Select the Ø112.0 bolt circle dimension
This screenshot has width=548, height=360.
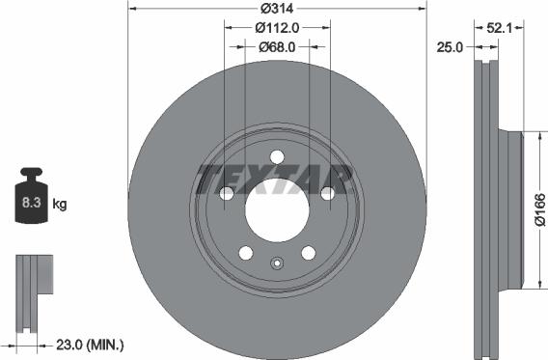(x=277, y=28)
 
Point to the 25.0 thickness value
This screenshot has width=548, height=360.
(x=452, y=45)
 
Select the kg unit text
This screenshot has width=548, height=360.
(x=60, y=205)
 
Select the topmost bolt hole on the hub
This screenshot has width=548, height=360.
(x=277, y=157)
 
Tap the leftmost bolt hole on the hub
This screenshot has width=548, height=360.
(x=228, y=194)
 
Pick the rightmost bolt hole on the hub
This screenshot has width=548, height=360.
(x=327, y=194)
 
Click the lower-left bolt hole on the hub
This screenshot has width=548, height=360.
(x=246, y=253)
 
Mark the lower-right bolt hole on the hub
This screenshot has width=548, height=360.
(x=308, y=253)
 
